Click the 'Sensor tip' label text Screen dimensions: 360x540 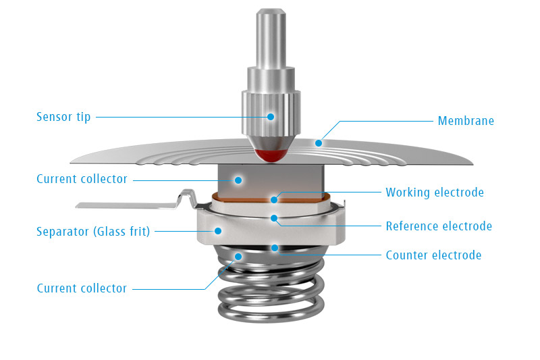[x=63, y=117]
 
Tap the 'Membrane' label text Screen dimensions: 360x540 [x=466, y=122]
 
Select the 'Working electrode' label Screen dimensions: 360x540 [x=434, y=192]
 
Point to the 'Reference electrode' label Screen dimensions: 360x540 [x=439, y=226]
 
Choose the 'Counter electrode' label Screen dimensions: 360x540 [x=433, y=255]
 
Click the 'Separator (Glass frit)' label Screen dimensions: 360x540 [x=93, y=232]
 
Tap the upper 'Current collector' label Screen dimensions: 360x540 [x=82, y=180]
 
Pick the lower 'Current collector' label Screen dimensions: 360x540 [x=82, y=288]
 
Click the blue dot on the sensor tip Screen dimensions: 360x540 [x=271, y=116]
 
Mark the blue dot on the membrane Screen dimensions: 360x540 [x=319, y=143]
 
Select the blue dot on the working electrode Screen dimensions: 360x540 [x=274, y=199]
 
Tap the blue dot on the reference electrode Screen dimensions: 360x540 [x=274, y=217]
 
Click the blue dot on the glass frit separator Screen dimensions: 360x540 [x=218, y=230]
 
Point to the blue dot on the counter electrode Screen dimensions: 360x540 [x=275, y=248]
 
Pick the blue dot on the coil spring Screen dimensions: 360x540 [x=238, y=256]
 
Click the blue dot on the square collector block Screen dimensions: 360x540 [x=238, y=180]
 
